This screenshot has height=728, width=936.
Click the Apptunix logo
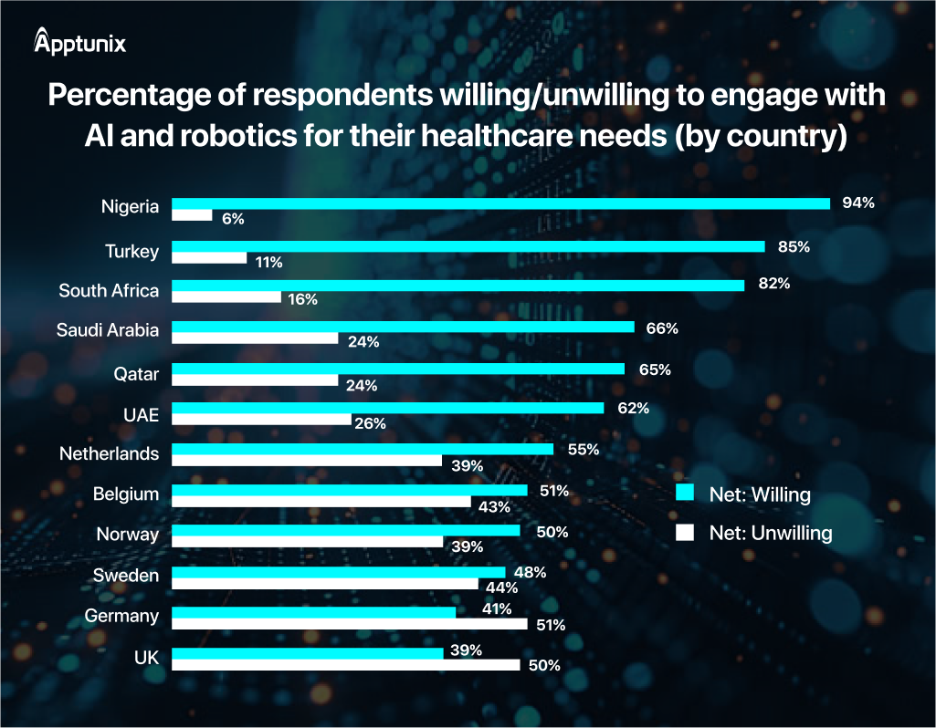[79, 42]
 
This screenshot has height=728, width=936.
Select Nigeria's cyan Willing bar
[500, 203]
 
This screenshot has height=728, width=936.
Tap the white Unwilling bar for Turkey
[209, 258]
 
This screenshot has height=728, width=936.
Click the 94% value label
[858, 203]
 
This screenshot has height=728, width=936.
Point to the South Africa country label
[109, 291]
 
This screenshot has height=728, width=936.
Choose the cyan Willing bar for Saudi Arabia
[403, 326]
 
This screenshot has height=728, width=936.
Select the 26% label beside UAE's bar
[371, 423]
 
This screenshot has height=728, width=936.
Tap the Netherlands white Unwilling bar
[307, 461]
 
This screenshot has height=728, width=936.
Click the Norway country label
[128, 535]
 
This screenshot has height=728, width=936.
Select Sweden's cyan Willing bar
[338, 572]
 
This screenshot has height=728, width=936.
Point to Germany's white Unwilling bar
[350, 624]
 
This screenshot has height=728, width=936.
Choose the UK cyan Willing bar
[307, 653]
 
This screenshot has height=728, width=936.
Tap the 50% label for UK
[544, 666]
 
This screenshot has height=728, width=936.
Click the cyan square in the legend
[684, 494]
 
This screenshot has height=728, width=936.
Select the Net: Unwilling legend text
[771, 534]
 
